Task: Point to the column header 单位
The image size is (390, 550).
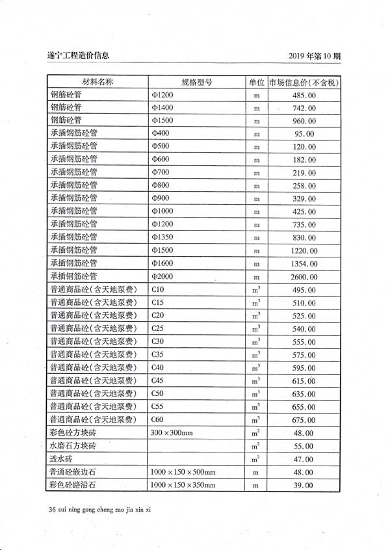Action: [256, 83]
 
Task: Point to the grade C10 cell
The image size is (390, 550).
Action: [158, 289]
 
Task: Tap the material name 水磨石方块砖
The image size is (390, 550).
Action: [73, 446]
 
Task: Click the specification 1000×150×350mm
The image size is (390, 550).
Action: [183, 485]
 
